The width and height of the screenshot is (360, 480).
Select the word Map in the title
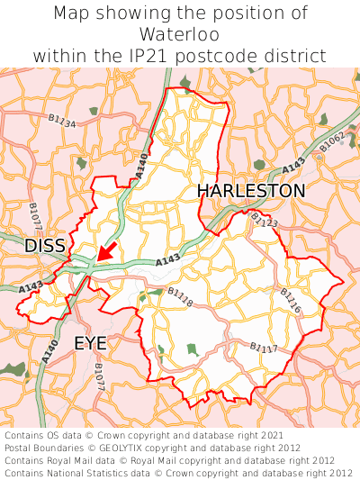pyautogui.click(x=74, y=14)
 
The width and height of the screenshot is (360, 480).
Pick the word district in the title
pyautogui.click(x=295, y=56)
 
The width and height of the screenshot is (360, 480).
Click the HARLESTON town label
pyautogui.click(x=251, y=191)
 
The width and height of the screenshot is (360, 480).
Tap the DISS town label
pyautogui.click(x=44, y=246)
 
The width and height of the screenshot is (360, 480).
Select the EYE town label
pyautogui.click(x=90, y=343)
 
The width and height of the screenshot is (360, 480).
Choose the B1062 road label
pyautogui.click(x=331, y=141)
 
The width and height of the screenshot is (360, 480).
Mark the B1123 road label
pyautogui.click(x=265, y=221)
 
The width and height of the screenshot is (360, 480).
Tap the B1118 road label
pyautogui.click(x=180, y=297)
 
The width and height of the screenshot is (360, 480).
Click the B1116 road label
pyautogui.click(x=290, y=301)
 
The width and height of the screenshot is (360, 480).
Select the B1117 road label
pyautogui.click(x=264, y=348)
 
